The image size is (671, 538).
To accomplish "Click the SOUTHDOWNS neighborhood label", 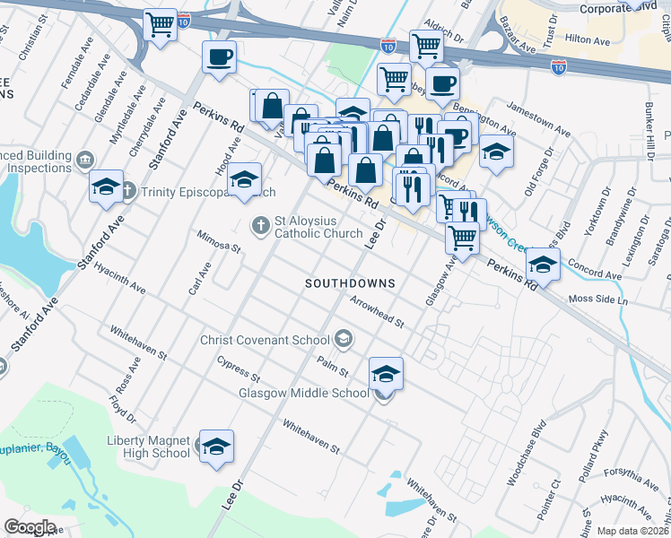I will point(350,282).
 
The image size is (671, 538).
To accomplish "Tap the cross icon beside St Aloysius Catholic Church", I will point(260,225).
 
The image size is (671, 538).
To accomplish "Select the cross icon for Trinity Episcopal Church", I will point(127,190).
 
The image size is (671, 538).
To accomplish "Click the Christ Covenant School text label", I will point(266,340).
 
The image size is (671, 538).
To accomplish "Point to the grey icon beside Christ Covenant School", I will point(343,340).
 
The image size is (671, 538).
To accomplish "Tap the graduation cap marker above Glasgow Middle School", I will point(387,372).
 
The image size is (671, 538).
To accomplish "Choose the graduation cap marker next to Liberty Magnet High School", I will point(216,446).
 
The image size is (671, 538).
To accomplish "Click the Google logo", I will point(30,527).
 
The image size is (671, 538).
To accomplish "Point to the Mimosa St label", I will point(220,240).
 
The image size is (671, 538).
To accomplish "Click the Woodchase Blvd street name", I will point(526,453).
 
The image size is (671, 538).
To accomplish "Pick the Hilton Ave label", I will point(588,39).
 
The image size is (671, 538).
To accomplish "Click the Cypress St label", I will point(238,368).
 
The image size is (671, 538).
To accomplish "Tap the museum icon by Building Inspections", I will point(84,160).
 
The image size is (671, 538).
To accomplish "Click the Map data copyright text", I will point(632,530).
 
